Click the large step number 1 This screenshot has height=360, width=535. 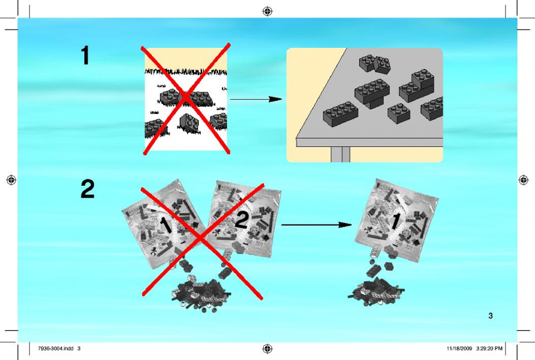(x=85, y=55)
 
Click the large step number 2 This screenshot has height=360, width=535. (x=88, y=189)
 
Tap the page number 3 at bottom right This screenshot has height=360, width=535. (x=491, y=316)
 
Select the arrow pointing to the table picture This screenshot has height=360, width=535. (x=256, y=99)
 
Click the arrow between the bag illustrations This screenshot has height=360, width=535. (x=316, y=225)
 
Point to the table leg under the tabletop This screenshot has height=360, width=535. (x=340, y=154)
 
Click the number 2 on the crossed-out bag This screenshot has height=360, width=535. (x=241, y=220)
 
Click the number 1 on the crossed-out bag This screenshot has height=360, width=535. (x=166, y=226)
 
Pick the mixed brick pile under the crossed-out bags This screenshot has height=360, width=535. (x=201, y=294)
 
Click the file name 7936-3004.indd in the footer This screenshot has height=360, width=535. (x=56, y=349)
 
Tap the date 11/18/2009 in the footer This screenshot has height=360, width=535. (x=459, y=349)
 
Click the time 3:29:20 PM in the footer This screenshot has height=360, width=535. (x=489, y=349)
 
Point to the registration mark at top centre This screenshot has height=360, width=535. (x=267, y=11)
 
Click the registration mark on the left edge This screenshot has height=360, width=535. (x=11, y=179)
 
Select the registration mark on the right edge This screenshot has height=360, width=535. (x=524, y=179)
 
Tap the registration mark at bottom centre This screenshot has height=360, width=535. (x=267, y=349)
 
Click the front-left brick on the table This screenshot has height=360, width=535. (x=340, y=113)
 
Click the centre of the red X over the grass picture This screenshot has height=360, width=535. (x=186, y=99)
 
